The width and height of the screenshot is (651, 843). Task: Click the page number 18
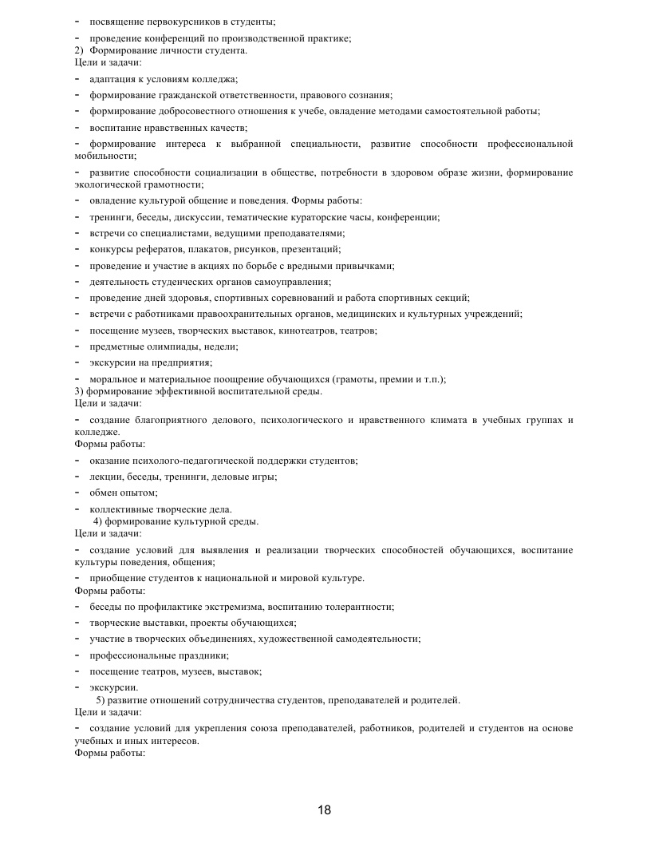[x=324, y=810]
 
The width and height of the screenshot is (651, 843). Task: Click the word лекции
[x=106, y=477]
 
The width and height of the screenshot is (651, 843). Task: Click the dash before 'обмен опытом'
[x=77, y=493]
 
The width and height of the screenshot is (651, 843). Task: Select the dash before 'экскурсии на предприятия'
[x=77, y=362]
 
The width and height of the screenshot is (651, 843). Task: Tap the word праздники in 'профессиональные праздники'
[x=205, y=655]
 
